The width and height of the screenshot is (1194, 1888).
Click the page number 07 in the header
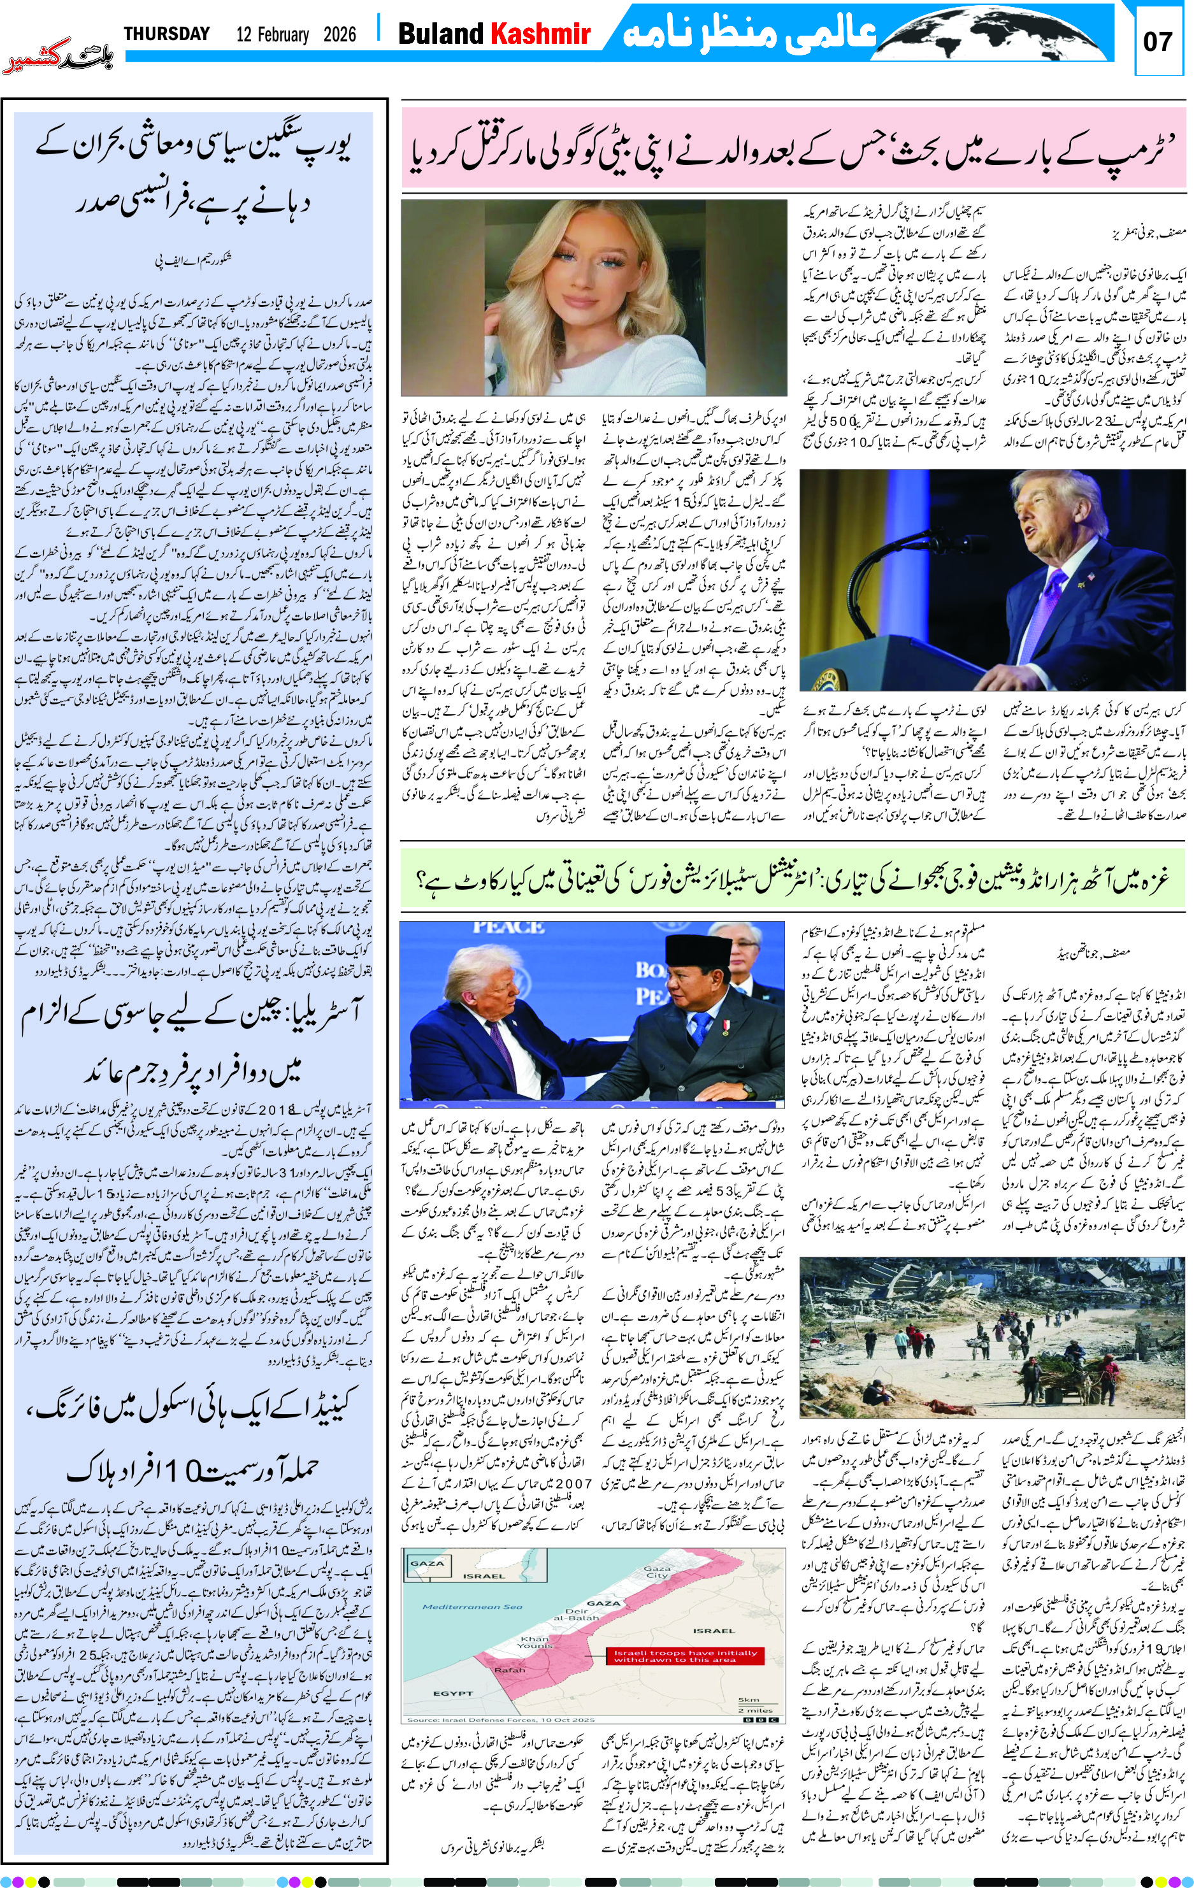[x=1157, y=41]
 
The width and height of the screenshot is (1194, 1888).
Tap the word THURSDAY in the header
[x=167, y=34]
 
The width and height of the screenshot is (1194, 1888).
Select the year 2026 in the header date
[x=338, y=34]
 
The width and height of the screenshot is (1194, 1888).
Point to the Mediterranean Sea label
[x=472, y=1606]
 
